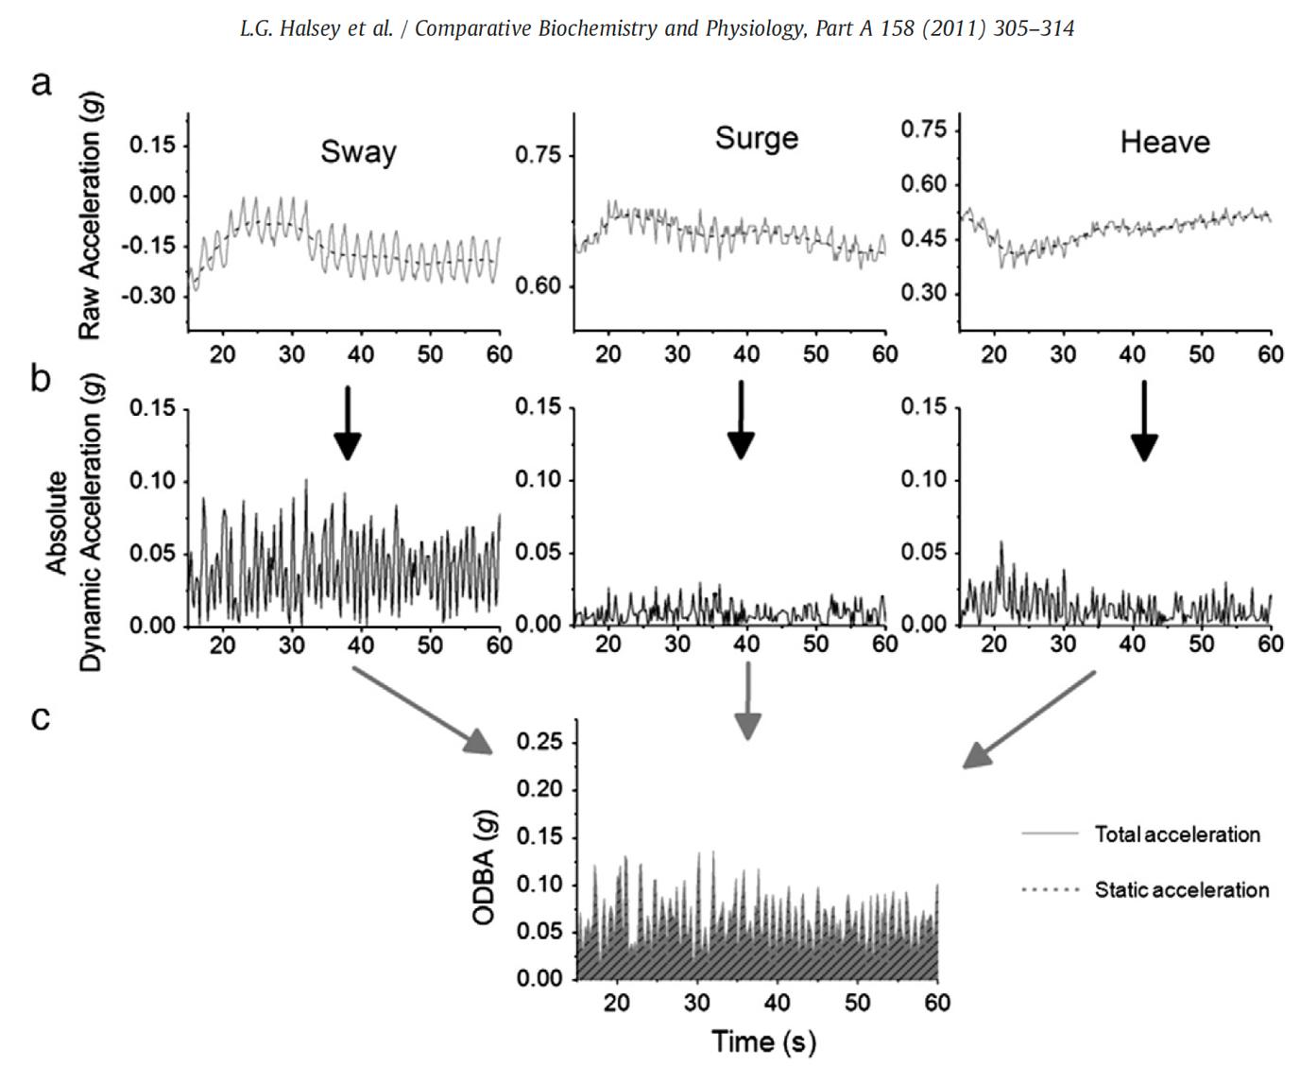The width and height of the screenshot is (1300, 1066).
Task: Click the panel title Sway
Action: (x=358, y=152)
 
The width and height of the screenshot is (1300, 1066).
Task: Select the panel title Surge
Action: (x=756, y=138)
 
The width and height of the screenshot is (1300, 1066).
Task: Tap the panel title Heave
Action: (x=1164, y=143)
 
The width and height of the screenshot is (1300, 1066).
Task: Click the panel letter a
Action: (x=41, y=83)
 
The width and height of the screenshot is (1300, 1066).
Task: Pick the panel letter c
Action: (x=41, y=718)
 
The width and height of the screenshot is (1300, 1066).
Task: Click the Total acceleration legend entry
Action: (x=1176, y=834)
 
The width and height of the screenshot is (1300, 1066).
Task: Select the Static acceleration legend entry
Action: (x=1181, y=890)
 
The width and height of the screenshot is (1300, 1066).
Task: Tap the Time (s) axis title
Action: (x=763, y=1041)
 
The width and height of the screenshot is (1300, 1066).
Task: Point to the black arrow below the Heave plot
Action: (x=1144, y=421)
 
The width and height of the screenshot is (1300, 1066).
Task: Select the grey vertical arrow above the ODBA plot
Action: (x=748, y=700)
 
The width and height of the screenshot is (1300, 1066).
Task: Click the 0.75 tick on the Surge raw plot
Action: (x=538, y=155)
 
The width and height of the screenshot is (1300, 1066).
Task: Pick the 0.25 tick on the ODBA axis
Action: (x=541, y=742)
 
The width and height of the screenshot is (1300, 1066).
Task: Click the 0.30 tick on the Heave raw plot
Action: (x=923, y=293)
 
